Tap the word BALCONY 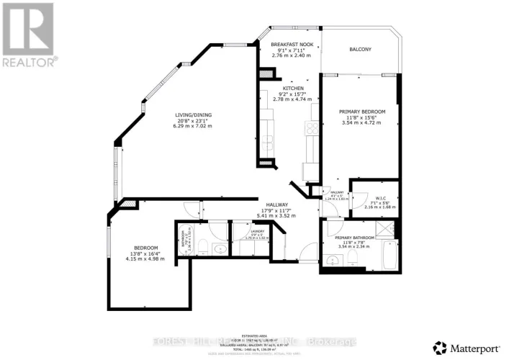pos(360,49)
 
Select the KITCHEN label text pos(292,88)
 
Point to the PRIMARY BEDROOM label pos(363,112)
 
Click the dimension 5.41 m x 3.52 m pos(277,216)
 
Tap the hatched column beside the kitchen pos(267,73)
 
